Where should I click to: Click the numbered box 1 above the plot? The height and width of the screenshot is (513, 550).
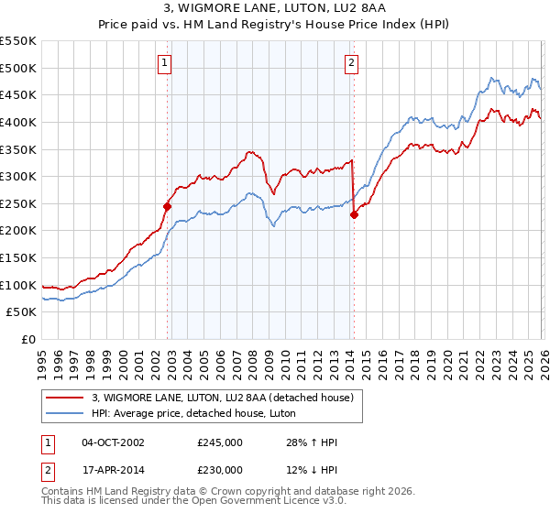[x=164, y=63]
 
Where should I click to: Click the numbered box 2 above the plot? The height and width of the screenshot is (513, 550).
[x=351, y=63]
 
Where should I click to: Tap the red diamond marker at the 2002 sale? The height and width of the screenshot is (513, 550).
[x=167, y=206]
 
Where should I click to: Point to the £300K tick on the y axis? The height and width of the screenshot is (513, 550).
[x=20, y=176]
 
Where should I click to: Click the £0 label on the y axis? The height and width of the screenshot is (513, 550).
[x=29, y=339]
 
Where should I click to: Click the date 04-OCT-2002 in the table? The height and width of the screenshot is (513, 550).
[x=113, y=442]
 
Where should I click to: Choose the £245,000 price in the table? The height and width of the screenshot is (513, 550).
[x=219, y=442]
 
